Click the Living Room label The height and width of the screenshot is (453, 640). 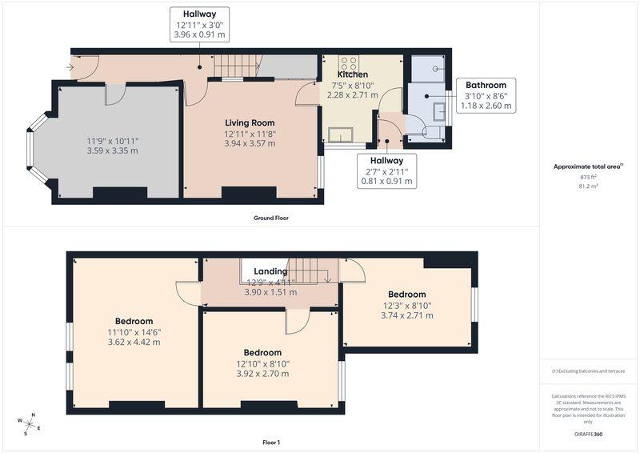pos(250,122)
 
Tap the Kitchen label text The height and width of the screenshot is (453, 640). pos(353,74)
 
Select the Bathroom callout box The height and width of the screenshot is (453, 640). pos(486,95)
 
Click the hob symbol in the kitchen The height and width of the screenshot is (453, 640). pos(349,63)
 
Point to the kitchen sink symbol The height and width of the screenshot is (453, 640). pos(341,134)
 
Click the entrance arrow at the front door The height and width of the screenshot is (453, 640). pos(70,67)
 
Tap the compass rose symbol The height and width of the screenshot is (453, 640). pos(29,424)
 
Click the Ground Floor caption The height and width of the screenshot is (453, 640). pos(271,218)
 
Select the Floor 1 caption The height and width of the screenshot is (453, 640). pos(271,443)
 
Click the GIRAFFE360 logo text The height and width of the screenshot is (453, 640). pos(588,434)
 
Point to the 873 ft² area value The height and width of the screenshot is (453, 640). pos(588,177)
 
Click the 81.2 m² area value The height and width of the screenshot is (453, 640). pos(589,186)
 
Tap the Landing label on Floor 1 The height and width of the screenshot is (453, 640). pos(270,271)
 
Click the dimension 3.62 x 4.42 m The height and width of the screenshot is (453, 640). pos(134,342)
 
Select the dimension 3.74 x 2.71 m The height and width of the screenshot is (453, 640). pos(407,315)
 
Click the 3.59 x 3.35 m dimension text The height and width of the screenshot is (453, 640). pos(112,150)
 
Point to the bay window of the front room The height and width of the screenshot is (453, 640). pos(38,148)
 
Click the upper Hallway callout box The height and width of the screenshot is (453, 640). pos(199,24)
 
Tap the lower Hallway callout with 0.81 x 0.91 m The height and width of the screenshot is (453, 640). pos(386,171)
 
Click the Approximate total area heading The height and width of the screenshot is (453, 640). pos(588,166)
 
